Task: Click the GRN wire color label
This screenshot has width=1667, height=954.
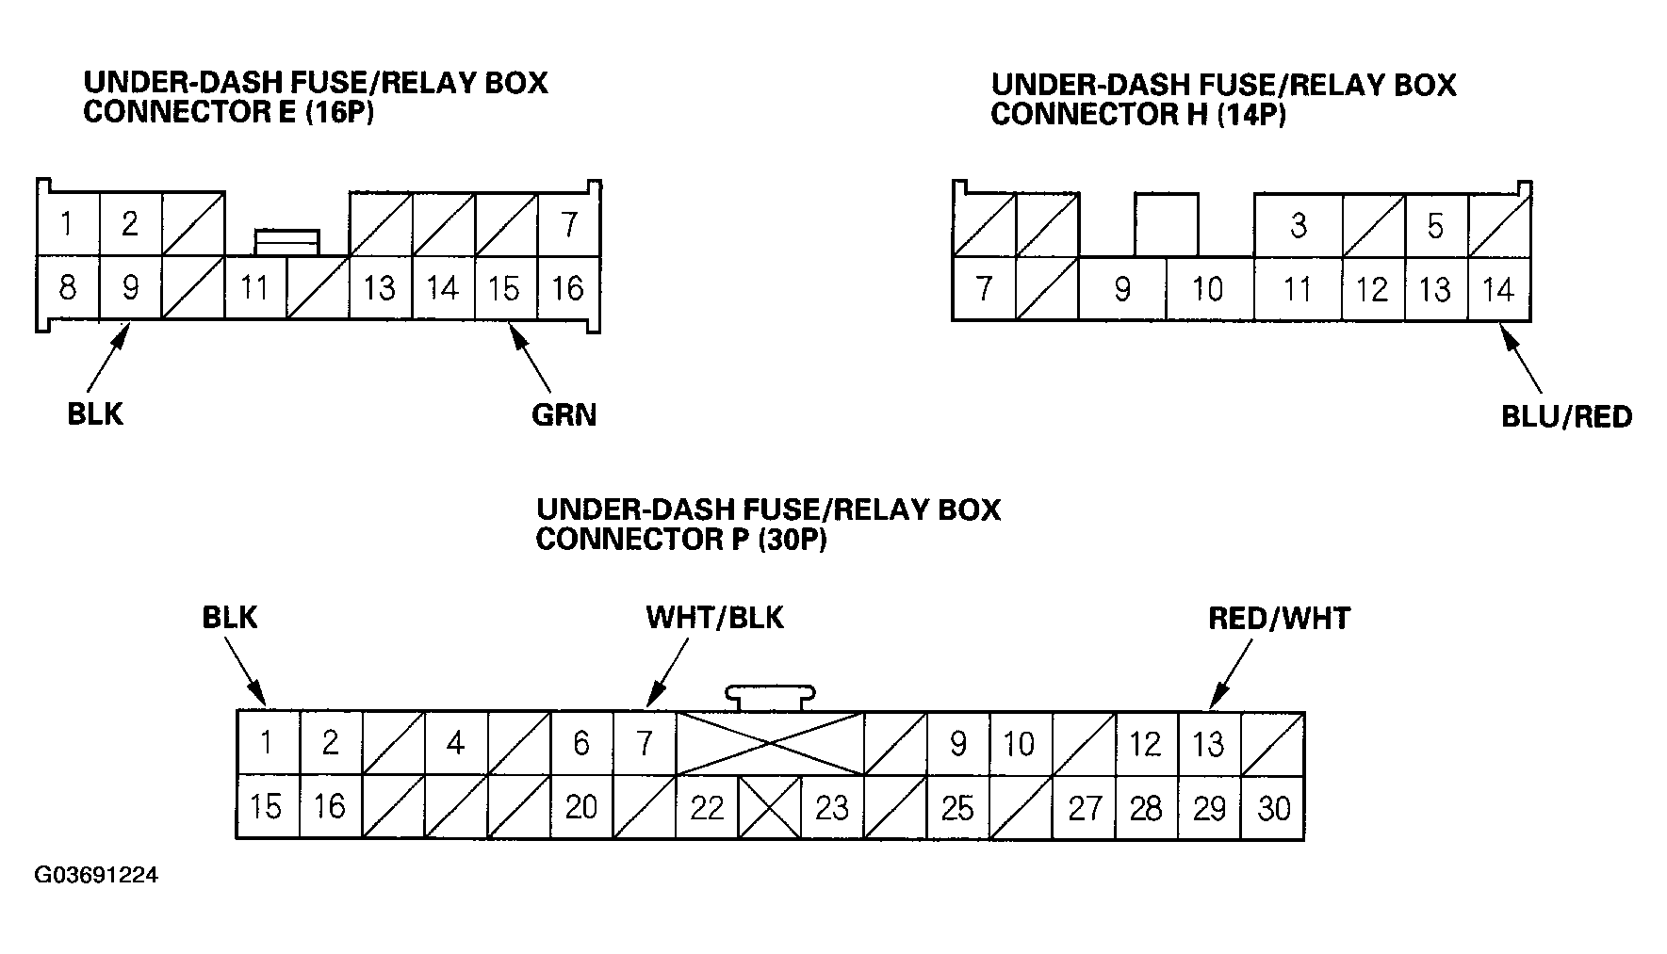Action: [x=564, y=415]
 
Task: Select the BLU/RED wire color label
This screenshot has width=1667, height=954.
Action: [x=1566, y=417]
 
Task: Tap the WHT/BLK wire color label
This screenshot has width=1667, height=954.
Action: [x=714, y=618]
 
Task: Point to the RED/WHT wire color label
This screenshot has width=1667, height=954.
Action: [x=1279, y=619]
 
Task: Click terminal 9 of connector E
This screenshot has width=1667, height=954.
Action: [x=130, y=287]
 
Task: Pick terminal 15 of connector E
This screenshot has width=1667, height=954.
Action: [x=505, y=287]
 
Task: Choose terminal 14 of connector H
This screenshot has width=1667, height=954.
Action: [x=1498, y=289]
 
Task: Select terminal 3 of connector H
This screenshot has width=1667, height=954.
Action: [x=1298, y=226]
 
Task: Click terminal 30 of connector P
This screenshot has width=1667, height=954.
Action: [x=1273, y=808]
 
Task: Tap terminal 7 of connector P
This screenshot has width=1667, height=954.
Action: [x=645, y=744]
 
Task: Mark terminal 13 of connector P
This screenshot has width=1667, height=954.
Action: [x=1209, y=744]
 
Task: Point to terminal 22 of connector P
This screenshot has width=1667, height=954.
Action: [x=707, y=808]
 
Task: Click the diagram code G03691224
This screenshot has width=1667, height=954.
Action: [x=96, y=876]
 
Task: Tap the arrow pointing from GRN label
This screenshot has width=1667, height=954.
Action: [x=531, y=358]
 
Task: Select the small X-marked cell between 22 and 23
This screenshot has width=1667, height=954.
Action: [x=769, y=807]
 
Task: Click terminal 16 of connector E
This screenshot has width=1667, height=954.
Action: [x=568, y=287]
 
